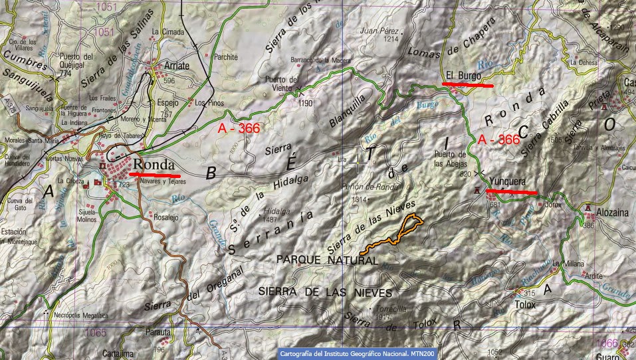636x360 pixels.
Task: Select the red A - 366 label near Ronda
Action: (x=239, y=128)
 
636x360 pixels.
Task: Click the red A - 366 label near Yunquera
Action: (x=498, y=139)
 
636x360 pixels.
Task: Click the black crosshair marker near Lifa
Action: (x=360, y=161)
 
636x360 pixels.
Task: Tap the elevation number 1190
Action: (x=306, y=104)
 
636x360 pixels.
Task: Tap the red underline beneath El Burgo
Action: (x=468, y=85)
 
